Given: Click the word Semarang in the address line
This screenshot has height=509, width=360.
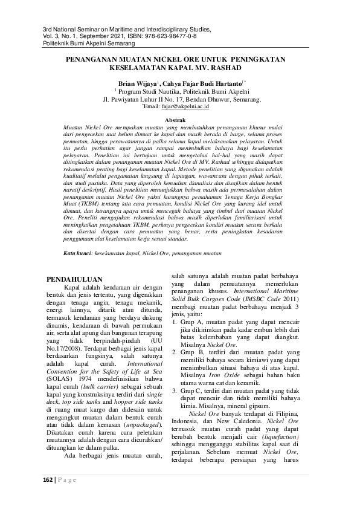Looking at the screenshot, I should coord(243,99).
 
